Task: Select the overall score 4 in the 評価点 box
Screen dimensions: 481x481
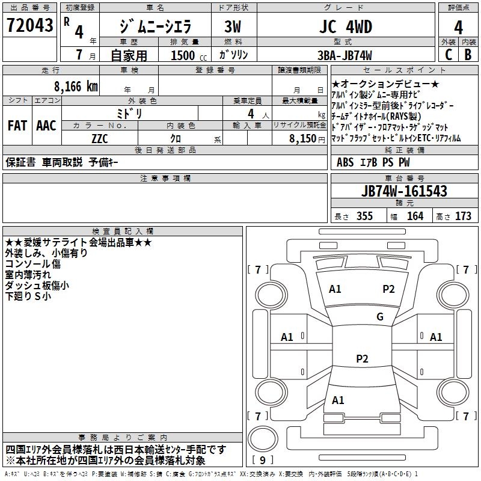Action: (458, 28)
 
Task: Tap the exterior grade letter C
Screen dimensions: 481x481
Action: (447, 55)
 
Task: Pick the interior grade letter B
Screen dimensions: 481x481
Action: (468, 55)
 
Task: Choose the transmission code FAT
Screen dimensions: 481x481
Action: (17, 126)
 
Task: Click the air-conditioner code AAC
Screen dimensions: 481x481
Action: (46, 126)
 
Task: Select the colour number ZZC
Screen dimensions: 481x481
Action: (100, 138)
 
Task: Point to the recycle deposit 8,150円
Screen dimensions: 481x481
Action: (307, 138)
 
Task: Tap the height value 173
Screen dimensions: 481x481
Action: (463, 216)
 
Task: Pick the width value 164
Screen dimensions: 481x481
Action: (415, 216)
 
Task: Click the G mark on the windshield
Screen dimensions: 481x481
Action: (379, 317)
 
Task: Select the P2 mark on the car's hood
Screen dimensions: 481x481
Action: (388, 289)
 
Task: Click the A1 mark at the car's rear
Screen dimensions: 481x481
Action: (338, 400)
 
